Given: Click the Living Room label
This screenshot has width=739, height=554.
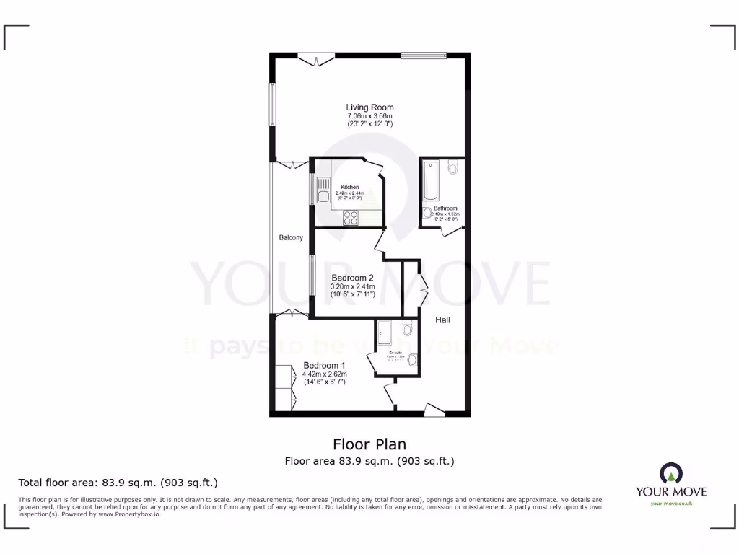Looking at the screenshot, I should pos(369,107).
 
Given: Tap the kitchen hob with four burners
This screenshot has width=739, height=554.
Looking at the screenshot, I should pos(351,216).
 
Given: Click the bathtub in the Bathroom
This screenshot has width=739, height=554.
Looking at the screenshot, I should pos(431,180).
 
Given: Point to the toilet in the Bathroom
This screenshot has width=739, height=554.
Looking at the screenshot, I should pos(452,168).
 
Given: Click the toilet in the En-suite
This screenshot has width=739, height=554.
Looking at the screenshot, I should pos(408,330).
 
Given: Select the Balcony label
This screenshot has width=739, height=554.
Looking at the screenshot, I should pos(292,237).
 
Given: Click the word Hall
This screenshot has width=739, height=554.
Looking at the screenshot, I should pos(442,320).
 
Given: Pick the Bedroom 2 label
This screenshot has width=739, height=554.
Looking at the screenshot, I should pos(352,278).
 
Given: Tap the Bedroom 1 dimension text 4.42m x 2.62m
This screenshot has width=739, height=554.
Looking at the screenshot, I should pos(325,374).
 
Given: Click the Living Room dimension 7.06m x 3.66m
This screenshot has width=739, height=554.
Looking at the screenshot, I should pos(369,116).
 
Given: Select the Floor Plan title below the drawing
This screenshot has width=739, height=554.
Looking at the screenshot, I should pos(369,444).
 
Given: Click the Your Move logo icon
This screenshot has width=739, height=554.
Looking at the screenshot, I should pos(670,473).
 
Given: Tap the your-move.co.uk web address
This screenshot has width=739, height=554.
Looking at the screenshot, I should pos(670,504).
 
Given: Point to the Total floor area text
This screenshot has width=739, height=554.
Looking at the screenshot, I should pos(118,483).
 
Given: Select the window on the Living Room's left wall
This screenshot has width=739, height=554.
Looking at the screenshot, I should pos(273,105).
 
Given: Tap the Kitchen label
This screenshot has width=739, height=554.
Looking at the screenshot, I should pos(349,187).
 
